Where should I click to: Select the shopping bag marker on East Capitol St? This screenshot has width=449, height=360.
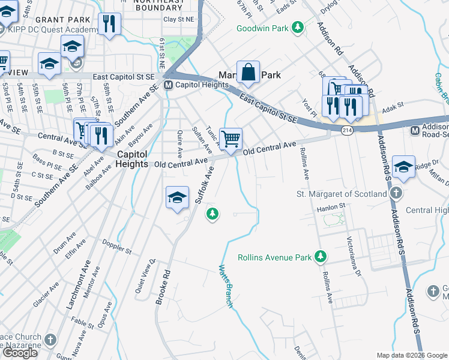click(248, 73)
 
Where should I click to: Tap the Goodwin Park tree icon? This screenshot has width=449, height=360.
click(297, 28)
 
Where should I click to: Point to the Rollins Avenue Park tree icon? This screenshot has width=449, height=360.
click(321, 257)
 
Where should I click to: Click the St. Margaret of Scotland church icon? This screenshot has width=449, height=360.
click(396, 194)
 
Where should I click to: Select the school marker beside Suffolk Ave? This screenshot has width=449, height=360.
click(178, 198)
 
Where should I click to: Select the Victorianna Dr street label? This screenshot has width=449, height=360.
click(353, 256)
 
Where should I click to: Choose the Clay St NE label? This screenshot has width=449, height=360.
click(179, 19)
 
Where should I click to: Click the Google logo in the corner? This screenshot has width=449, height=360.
click(20, 352)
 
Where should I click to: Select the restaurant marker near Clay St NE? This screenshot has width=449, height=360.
click(109, 24)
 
